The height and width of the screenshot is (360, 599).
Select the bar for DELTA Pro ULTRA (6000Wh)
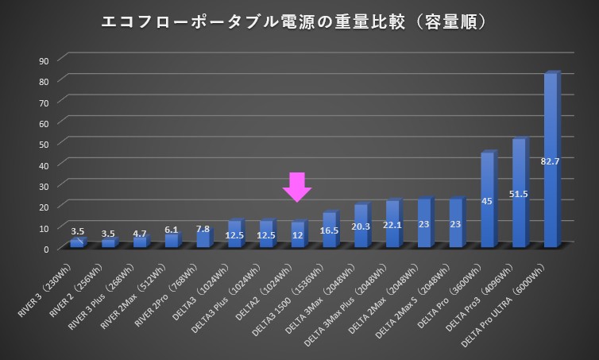click(x=551, y=159)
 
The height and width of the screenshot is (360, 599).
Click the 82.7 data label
click(x=551, y=161)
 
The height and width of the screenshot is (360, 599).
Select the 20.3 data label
click(x=361, y=226)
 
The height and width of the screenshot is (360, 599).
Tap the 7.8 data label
click(x=203, y=229)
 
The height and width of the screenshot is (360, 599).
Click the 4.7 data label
click(x=140, y=234)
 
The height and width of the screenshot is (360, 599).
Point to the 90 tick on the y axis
click(x=44, y=60)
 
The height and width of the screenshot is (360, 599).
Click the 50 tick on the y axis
click(x=44, y=144)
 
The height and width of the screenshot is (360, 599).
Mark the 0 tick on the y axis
click(x=46, y=249)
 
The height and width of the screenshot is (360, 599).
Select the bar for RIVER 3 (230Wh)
click(x=76, y=243)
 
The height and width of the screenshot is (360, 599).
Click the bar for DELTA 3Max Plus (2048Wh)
click(x=392, y=224)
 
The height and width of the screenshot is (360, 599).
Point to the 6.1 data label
click(x=172, y=230)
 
